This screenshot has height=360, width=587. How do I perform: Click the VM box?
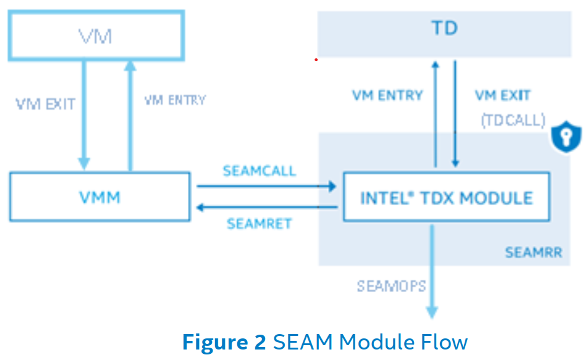coord(96,36)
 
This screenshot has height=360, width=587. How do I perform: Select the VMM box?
coord(99,197)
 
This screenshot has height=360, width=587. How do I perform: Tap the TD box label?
coord(444,28)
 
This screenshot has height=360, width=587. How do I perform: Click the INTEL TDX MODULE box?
coord(446,198)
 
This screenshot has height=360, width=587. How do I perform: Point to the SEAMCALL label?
coord(259,170)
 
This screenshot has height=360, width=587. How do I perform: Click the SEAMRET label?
coord(259,224)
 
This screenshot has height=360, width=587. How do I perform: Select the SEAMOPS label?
coord(391,286)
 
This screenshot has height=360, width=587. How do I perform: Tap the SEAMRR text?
coord(533,253)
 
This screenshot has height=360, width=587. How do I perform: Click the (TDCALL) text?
coord(513,120)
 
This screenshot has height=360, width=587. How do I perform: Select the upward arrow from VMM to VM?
coord(129,114)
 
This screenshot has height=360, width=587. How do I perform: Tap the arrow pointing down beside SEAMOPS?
coord(433,272)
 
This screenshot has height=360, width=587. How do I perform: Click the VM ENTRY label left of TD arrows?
coord(387,96)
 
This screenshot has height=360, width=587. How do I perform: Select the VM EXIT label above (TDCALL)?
coord(502,96)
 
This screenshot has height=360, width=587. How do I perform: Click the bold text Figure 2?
coord(224,341)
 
